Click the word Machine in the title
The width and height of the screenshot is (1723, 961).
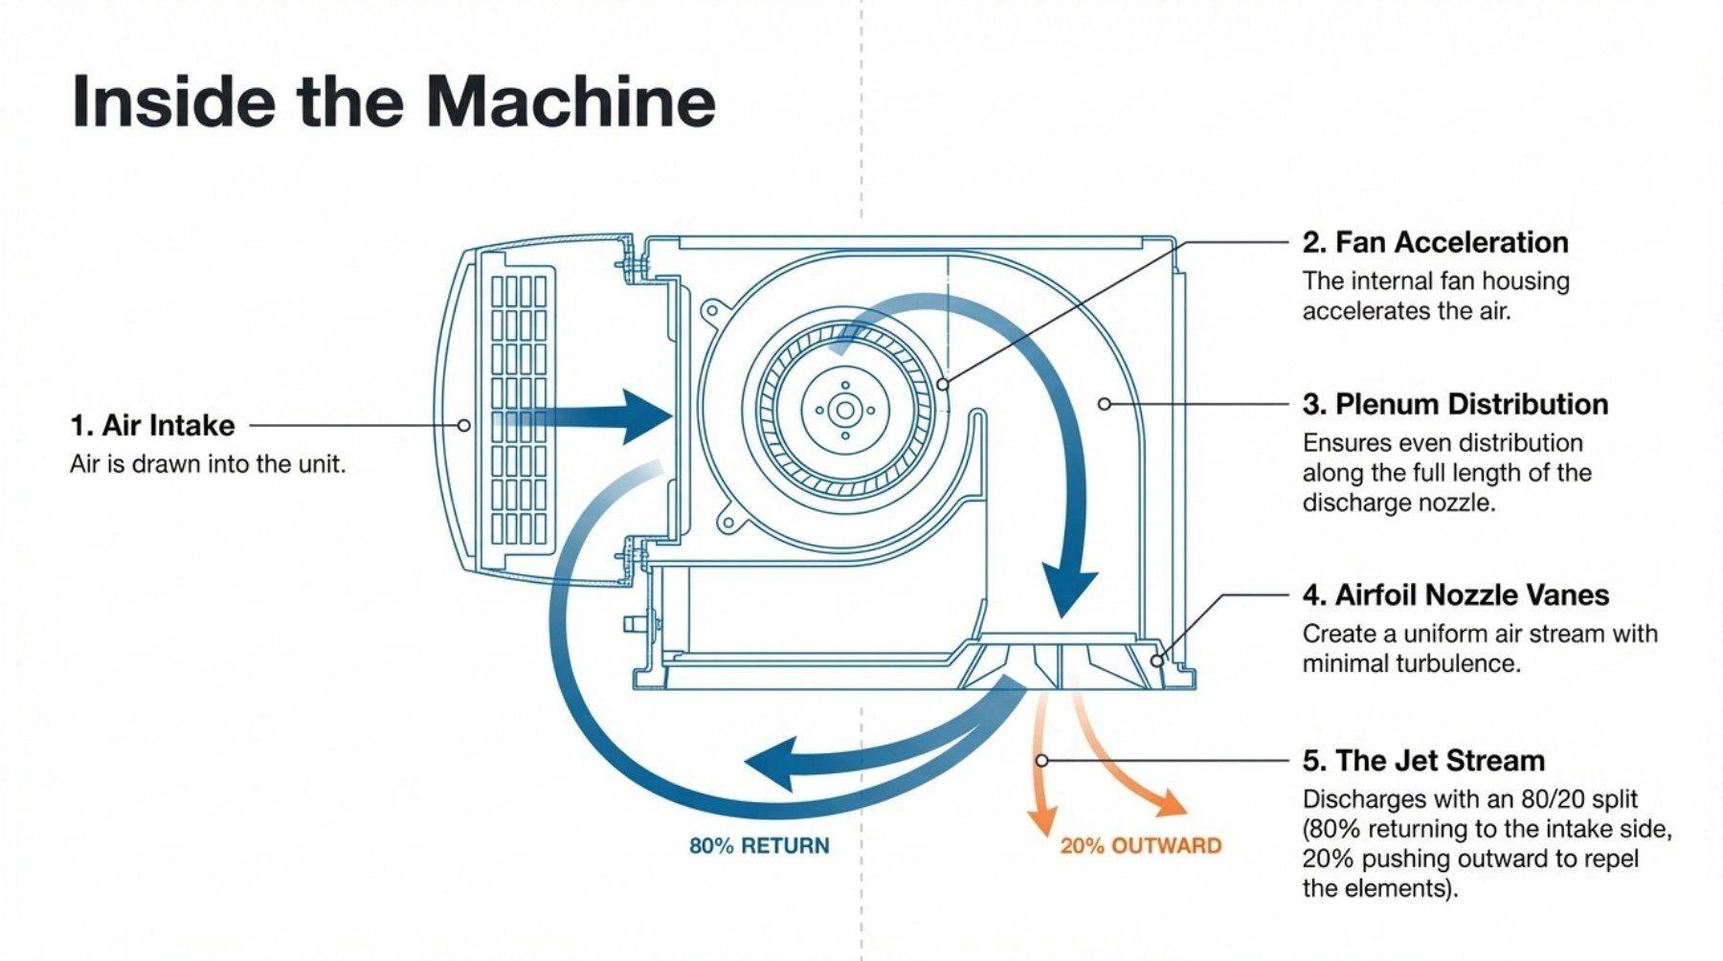[571, 101]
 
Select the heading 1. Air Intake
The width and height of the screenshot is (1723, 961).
[152, 425]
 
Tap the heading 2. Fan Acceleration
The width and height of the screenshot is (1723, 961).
[1435, 242]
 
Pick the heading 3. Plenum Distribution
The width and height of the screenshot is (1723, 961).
[1455, 404]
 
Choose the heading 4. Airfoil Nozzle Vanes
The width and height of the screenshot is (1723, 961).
[1455, 595]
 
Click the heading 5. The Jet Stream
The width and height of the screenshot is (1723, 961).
[1423, 761]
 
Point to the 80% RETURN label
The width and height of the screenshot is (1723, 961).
[759, 846]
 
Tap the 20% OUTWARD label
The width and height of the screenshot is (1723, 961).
[1140, 846]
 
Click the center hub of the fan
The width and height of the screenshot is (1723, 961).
[844, 411]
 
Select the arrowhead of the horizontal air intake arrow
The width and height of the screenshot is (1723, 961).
[646, 417]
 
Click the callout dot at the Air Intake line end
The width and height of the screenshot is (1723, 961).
[464, 425]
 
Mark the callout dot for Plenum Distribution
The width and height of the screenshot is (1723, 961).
[1104, 404]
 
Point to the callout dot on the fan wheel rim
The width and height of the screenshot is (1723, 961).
[943, 384]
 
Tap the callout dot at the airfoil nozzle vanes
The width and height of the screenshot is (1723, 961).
[1156, 660]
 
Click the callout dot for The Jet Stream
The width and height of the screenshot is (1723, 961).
[1041, 761]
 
